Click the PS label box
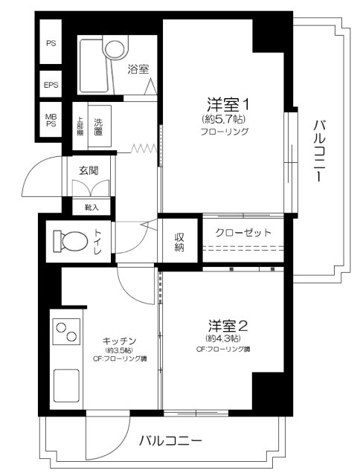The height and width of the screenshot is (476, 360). (51, 43)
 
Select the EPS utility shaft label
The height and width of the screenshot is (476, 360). (51, 85)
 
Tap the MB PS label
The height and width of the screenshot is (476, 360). (51, 119)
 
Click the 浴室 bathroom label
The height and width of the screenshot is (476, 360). (138, 69)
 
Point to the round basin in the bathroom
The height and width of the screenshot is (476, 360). (115, 48)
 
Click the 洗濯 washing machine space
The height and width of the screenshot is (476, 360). (97, 126)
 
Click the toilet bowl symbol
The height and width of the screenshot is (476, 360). (69, 242)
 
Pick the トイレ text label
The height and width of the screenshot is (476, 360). (98, 242)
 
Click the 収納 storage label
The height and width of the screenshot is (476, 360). (180, 242)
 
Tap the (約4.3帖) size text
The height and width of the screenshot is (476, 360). (223, 339)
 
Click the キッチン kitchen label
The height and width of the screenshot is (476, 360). (119, 340)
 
